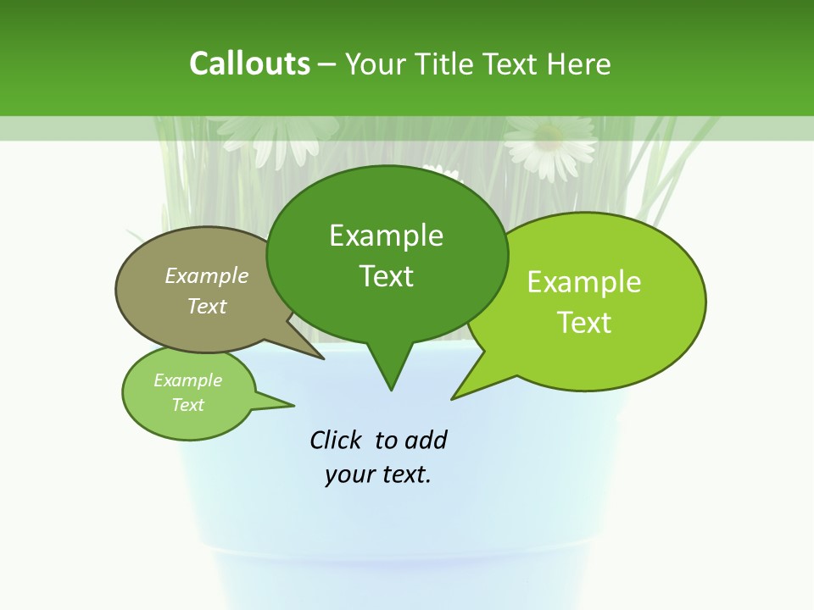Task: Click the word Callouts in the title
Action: coord(249,64)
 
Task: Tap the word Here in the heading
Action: coord(579,64)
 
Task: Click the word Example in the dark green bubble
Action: coord(386,236)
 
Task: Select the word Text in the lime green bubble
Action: coord(584,323)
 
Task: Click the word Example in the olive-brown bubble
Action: coord(207,275)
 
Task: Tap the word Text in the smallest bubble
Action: coord(187,405)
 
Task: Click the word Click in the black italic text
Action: coord(337,440)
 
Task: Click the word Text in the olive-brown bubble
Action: coord(207,306)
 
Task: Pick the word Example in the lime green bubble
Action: coord(584,282)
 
